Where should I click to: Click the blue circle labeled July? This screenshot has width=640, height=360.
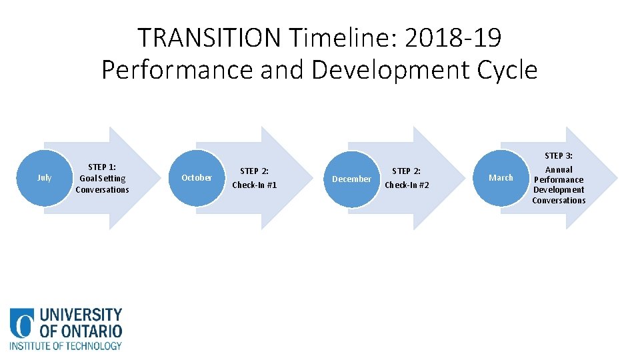45,178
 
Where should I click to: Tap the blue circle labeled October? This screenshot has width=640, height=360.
197,178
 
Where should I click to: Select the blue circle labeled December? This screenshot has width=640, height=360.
351,179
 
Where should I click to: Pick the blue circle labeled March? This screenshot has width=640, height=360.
501,178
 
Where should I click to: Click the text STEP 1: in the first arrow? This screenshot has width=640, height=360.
102,167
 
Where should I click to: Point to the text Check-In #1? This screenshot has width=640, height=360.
254,185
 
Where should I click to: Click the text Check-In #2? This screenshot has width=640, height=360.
407,185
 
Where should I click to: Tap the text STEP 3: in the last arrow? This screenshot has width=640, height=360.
559,156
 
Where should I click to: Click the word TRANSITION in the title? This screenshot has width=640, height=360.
210,38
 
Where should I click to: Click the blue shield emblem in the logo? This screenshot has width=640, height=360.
21,323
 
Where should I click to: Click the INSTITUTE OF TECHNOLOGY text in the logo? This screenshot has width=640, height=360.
65,346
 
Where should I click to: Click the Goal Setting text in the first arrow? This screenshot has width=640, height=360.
102,179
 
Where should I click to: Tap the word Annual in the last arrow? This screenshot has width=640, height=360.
559,169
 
